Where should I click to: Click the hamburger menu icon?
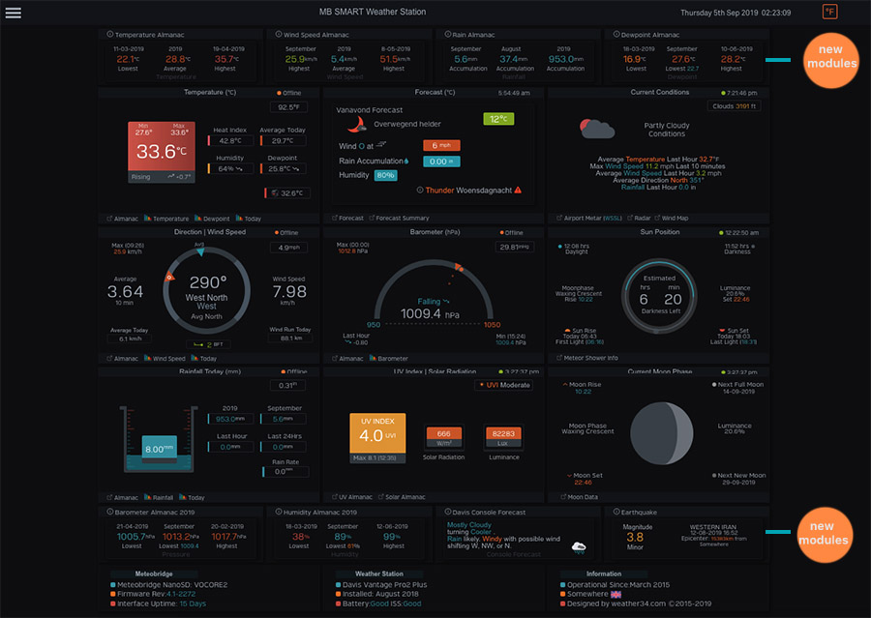pos(13,13)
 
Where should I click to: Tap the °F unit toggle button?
pos(829,12)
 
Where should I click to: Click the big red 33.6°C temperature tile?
pos(162,152)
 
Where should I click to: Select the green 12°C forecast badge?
pos(497,119)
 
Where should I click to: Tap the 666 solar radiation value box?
pos(443,434)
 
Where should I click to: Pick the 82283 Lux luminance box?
pos(503,434)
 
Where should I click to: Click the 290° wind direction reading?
pos(207,282)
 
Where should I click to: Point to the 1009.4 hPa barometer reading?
pos(429,313)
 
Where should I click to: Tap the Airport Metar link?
pos(591,219)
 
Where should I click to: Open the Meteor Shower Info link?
pos(589,358)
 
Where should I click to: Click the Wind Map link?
pos(675,219)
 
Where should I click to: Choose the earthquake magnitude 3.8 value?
pos(635,537)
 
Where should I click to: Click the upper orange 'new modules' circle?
pos(829,57)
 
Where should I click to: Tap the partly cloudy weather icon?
pos(597,129)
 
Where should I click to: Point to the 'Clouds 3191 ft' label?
pos(733,106)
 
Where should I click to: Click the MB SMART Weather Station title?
pos(372,13)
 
